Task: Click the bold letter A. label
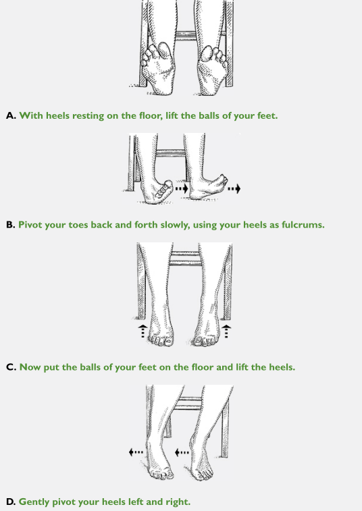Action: click(x=11, y=115)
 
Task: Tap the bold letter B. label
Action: click(x=11, y=225)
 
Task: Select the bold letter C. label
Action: click(x=11, y=367)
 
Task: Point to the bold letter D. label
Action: click(x=11, y=502)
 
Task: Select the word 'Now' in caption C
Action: click(x=30, y=367)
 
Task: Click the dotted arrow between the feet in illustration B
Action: click(x=182, y=188)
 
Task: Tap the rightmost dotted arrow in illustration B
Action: click(x=234, y=188)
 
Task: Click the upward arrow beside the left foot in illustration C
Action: click(x=143, y=331)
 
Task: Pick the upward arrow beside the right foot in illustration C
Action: click(x=226, y=331)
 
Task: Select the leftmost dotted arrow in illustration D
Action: click(x=136, y=452)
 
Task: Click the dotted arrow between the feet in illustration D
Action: click(x=182, y=452)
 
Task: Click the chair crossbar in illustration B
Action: click(x=170, y=153)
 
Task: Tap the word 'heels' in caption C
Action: click(x=282, y=367)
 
